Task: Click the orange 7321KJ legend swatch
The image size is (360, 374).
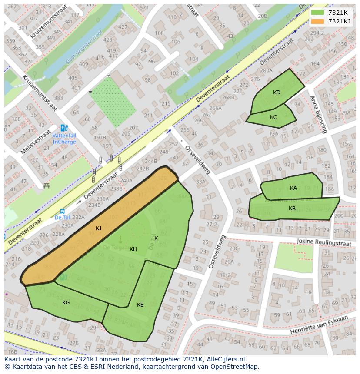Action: click(318, 21)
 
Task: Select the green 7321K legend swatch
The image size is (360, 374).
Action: click(318, 13)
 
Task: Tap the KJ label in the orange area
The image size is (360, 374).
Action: click(99, 228)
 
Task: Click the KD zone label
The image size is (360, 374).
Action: click(277, 92)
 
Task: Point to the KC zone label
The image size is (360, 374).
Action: click(273, 117)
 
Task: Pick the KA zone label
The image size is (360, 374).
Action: click(293, 188)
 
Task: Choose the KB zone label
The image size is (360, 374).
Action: click(292, 209)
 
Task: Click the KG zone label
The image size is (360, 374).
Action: click(66, 303)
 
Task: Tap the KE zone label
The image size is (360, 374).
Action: click(140, 305)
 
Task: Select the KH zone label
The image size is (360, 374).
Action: click(133, 249)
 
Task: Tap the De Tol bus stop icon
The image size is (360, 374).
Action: click(62, 211)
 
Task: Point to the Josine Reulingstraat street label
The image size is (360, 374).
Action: click(323, 242)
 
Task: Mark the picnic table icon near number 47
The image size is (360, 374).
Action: click(47, 186)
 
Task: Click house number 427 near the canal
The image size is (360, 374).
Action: click(123, 27)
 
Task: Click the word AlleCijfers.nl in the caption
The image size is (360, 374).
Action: click(227, 359)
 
